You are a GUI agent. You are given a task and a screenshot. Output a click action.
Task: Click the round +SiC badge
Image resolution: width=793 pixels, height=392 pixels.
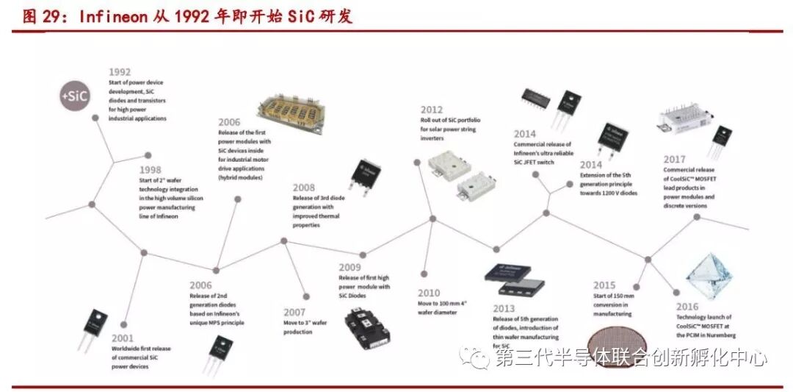pos(75,96)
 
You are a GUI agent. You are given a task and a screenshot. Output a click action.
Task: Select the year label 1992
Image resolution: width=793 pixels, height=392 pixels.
pos(120,72)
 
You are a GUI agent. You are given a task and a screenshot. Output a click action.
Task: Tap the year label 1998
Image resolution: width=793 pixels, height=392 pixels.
pos(151,169)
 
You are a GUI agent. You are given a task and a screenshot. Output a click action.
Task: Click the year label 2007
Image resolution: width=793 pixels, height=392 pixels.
pos(294,312)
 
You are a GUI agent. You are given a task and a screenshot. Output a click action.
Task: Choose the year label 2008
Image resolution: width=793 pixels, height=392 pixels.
pos(304,188)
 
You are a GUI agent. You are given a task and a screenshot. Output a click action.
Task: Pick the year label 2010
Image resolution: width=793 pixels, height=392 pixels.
pos(429,293)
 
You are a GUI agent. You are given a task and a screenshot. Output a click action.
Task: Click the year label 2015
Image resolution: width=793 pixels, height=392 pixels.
pos(604,285)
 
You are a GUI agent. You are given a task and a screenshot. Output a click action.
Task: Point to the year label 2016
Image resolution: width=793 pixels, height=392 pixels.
pos(687,307)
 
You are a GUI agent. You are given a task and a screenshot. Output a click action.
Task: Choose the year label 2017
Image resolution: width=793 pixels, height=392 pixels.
pos(674,160)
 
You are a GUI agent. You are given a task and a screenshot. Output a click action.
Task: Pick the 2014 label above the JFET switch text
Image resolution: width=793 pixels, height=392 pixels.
pos(524,134)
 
